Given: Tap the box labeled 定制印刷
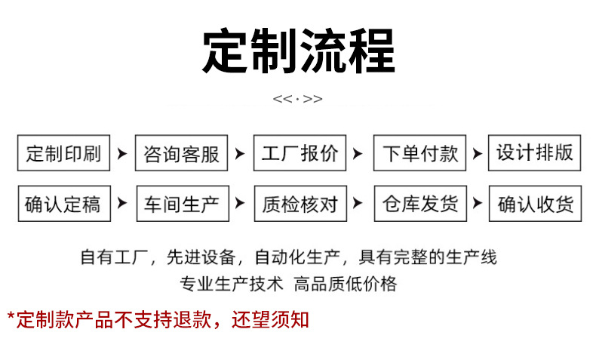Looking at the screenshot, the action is click(x=63, y=155).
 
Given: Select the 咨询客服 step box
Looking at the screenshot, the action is click(x=182, y=155).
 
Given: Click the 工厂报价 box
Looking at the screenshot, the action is click(x=300, y=155).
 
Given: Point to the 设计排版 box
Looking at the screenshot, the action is click(x=535, y=153).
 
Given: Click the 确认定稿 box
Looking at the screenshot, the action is click(x=63, y=203).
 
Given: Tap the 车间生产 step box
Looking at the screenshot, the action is click(x=182, y=203).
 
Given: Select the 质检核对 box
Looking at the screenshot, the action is click(x=300, y=203).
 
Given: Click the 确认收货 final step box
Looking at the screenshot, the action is click(x=535, y=204).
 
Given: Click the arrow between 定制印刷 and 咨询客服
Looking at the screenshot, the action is click(x=122, y=155).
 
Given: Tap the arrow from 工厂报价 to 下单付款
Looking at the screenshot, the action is click(x=359, y=155).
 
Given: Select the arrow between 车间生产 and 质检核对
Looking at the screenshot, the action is click(x=240, y=203).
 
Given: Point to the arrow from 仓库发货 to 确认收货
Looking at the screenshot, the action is click(x=477, y=203).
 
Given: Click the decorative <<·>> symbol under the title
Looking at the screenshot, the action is click(x=297, y=100).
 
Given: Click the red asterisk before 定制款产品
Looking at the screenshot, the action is click(x=11, y=317).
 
